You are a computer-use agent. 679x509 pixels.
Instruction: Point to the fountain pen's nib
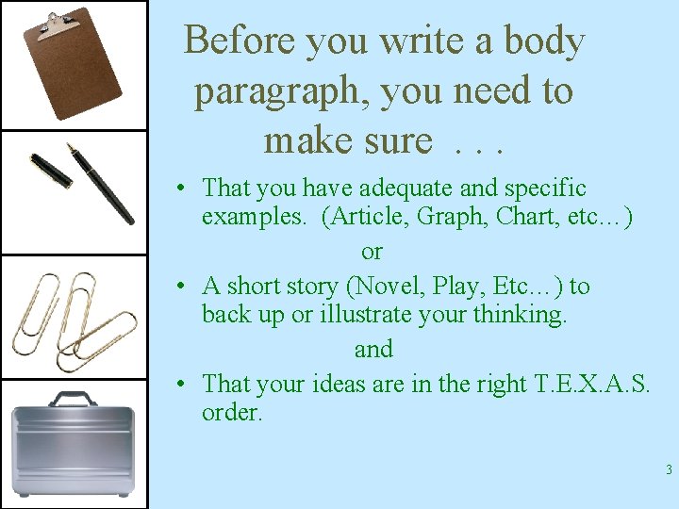71,149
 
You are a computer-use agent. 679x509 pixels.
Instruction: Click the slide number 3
667,470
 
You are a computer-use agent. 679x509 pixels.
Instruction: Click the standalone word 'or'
373,252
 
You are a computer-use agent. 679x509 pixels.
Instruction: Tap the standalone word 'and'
373,350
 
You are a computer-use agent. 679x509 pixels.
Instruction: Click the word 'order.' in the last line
232,414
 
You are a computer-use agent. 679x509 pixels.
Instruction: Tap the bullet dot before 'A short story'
190,287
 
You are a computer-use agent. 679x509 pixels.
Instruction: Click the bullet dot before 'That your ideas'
190,385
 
